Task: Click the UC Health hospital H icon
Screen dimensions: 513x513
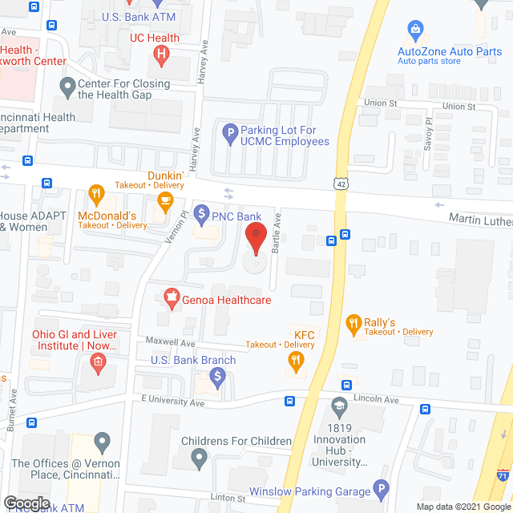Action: [x=161, y=55]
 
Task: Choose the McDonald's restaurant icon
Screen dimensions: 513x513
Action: [x=96, y=194]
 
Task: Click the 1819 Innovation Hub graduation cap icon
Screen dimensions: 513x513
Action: [x=340, y=406]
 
